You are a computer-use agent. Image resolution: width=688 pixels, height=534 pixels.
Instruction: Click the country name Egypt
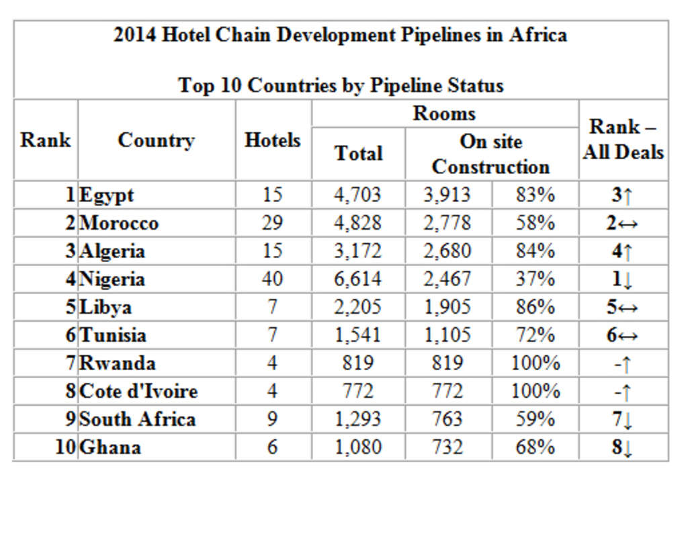coord(107,195)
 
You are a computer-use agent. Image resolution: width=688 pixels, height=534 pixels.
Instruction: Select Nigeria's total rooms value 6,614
coord(358,279)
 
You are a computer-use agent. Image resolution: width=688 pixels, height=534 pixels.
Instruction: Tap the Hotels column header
coord(273,140)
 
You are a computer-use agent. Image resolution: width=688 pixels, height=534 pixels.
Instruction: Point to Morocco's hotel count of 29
coord(273,223)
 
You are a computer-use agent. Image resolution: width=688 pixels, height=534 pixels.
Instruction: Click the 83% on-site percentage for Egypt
coord(535,195)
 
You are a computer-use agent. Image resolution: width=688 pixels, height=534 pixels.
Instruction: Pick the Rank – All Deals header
coord(623,140)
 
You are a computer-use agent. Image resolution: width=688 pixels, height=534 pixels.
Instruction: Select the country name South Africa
coord(138,419)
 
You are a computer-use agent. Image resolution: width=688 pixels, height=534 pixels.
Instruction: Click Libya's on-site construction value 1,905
coord(447,307)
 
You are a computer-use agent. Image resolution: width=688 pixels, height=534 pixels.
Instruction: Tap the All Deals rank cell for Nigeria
coord(622,279)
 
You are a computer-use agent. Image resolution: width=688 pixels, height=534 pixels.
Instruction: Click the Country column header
coord(156,140)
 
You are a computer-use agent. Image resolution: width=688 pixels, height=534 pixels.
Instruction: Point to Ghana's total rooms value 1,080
coord(358,447)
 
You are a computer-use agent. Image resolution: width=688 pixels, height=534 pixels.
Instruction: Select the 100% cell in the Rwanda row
coord(535,363)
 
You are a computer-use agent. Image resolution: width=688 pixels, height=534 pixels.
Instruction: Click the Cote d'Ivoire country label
coord(138,391)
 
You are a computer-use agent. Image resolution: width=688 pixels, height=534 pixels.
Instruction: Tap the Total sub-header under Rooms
coord(358,153)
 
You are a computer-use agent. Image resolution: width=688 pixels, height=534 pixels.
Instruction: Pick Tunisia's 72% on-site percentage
coord(535,335)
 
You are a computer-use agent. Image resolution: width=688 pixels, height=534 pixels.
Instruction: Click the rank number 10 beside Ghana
coord(65,447)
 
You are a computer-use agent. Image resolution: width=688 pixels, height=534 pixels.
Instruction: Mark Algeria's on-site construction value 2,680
coord(447,251)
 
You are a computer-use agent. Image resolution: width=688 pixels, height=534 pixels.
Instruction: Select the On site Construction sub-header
coord(490,154)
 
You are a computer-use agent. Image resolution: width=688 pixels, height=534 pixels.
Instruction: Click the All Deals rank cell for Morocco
coord(622,223)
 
